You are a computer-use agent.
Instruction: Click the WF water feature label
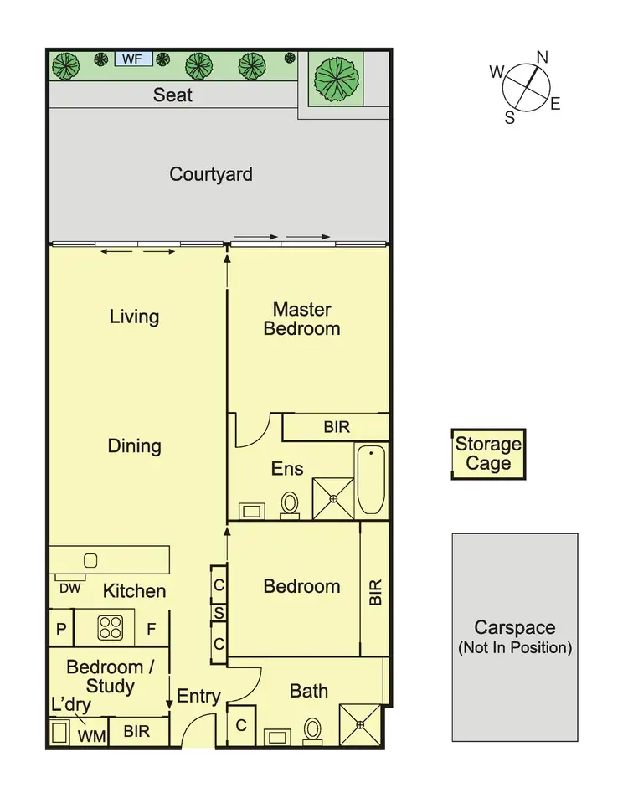131,59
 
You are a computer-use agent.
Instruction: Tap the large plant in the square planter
336,78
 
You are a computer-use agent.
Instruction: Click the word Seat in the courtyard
172,95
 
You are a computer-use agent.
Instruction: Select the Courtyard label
211,174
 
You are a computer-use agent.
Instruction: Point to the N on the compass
542,57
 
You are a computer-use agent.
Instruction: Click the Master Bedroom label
301,319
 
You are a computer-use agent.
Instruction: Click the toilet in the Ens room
290,503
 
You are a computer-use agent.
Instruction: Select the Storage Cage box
488,454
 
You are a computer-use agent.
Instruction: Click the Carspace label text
514,627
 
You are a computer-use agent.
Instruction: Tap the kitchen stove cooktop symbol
111,628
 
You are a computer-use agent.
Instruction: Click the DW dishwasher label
69,589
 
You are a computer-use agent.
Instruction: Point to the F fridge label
152,629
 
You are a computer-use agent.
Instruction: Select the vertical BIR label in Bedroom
375,592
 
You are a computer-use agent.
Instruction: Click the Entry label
198,696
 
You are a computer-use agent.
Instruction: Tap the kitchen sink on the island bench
91,559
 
